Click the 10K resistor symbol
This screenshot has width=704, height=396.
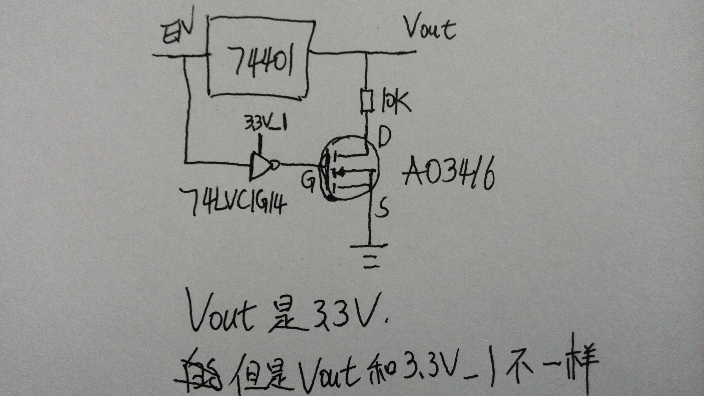click(x=366, y=101)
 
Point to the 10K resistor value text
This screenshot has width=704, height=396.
click(x=394, y=101)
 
